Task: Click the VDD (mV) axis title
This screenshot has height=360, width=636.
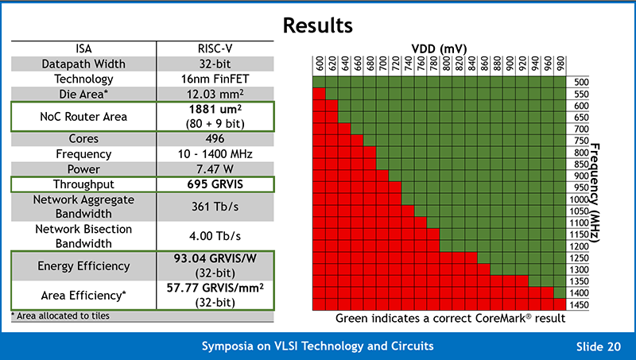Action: pos(439,48)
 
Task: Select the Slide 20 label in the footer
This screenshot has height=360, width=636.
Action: pos(601,346)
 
